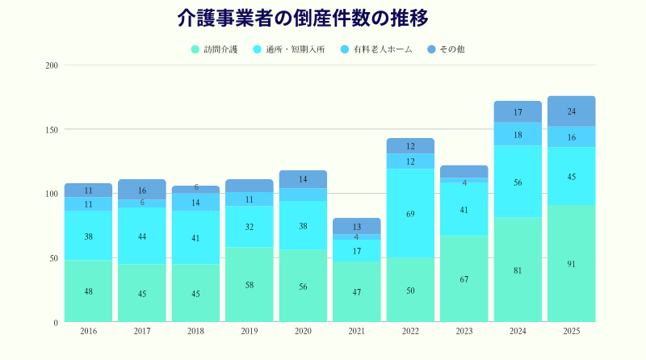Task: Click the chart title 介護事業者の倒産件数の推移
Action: pyautogui.click(x=302, y=19)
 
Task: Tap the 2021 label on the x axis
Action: pyautogui.click(x=356, y=332)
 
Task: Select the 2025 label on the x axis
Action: pyautogui.click(x=571, y=332)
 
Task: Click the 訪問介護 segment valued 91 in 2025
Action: pyautogui.click(x=571, y=264)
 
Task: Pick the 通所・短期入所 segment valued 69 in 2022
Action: pyautogui.click(x=410, y=214)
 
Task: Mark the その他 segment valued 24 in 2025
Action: pyautogui.click(x=571, y=111)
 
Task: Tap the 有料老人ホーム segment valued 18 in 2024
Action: pyautogui.click(x=518, y=134)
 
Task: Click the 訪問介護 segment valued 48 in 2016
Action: pyautogui.click(x=88, y=291)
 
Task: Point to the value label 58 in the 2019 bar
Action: pyautogui.click(x=250, y=286)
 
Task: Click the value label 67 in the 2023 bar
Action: pyautogui.click(x=464, y=279)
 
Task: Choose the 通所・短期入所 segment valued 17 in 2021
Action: pyautogui.click(x=356, y=251)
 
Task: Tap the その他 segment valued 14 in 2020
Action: pyautogui.click(x=303, y=179)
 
